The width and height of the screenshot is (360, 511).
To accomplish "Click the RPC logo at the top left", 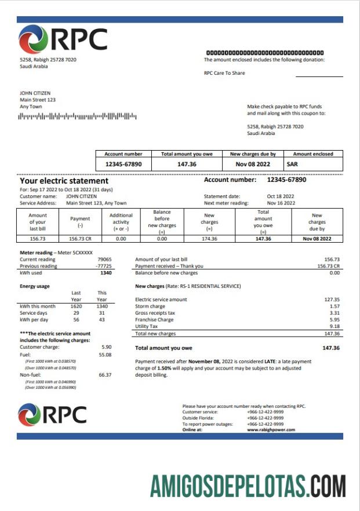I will point(63,40).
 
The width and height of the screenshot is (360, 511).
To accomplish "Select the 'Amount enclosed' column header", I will point(313,154).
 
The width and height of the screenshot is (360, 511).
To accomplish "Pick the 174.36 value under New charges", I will point(209,239).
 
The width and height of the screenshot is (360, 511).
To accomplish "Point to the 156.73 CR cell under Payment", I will point(80,239).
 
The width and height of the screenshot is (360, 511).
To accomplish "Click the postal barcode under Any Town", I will point(78,116).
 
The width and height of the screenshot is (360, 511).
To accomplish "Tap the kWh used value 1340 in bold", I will point(105,272).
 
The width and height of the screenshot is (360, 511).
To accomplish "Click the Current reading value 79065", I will point(104,260).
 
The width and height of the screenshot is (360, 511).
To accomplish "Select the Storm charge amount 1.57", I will point(334,306).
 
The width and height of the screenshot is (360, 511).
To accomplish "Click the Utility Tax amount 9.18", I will point(334,327).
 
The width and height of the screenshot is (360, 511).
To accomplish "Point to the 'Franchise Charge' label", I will point(154,320).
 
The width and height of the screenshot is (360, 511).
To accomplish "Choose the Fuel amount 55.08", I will point(105,354).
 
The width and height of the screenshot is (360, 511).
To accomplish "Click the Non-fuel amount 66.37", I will point(105,375).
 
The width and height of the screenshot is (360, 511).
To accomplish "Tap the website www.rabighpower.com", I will point(271,430).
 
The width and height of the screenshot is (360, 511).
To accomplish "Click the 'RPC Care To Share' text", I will point(224,74).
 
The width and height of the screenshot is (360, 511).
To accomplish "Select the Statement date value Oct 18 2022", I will point(281,196).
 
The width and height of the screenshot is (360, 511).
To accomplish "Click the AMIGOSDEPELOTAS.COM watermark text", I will point(248,486).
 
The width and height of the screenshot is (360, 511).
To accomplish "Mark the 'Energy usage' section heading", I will point(35,286).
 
